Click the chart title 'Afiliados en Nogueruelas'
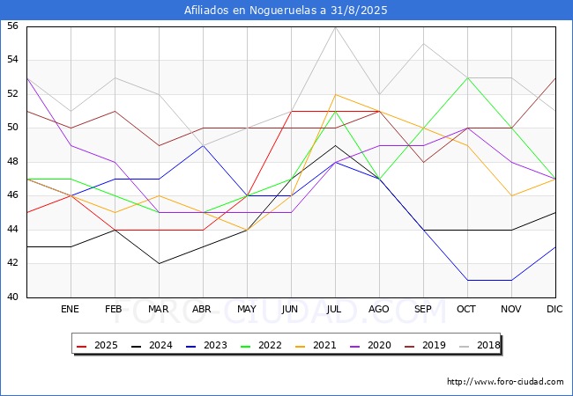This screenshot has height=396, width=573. pos(286,11)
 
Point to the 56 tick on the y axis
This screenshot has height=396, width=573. pos(12,26)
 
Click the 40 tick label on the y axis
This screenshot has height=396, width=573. pos(12,297)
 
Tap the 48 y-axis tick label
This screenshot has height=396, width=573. pos(12,162)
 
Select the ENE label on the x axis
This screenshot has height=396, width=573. pos(71,310)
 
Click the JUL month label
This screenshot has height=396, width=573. pos(335,310)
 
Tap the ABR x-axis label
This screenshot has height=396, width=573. pos(203,310)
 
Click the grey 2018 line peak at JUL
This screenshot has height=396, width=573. pos(335,26)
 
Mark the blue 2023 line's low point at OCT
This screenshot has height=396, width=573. pos(467,280)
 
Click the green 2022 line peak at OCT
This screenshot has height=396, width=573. pos(467,77)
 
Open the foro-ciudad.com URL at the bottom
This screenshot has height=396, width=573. pos(505,382)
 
